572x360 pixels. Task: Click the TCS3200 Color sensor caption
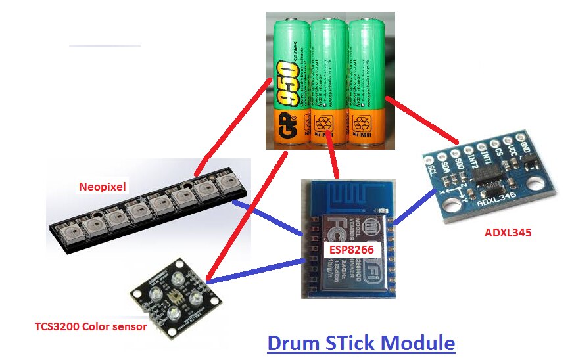pyautogui.click(x=91, y=326)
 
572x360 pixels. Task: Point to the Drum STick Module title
pyautogui.click(x=361, y=342)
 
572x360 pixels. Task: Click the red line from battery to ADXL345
pyautogui.click(x=421, y=120)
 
